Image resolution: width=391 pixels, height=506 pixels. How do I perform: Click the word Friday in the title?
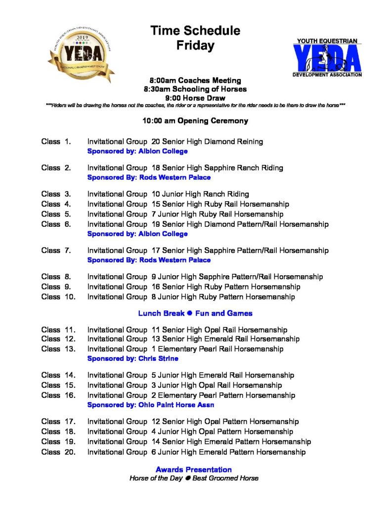[x=195, y=46]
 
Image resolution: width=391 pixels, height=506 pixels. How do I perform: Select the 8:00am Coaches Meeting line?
[x=195, y=80]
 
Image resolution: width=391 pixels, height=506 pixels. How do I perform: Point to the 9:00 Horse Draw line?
[x=195, y=98]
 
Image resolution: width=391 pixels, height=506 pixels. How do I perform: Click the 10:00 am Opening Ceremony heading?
[x=195, y=121]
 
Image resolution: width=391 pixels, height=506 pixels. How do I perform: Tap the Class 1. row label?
[x=56, y=142]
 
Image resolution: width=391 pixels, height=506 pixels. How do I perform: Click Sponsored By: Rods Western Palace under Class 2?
[x=149, y=177]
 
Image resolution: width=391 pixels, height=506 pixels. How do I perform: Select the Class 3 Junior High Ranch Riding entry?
[x=168, y=194]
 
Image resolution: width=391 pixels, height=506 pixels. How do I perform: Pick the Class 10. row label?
[x=58, y=297]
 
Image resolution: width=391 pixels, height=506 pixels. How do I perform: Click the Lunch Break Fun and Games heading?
[x=195, y=313]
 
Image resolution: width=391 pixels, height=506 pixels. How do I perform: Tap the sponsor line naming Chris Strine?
[x=132, y=358]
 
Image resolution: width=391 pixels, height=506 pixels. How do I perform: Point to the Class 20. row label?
[x=58, y=452]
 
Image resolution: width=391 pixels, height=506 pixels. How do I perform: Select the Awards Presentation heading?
[x=193, y=469]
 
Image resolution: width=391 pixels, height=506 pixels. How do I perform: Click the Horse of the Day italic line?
[x=193, y=478]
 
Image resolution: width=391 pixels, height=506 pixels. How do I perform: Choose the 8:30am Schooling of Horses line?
[x=195, y=89]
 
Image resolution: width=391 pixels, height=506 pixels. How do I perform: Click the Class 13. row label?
[x=58, y=349]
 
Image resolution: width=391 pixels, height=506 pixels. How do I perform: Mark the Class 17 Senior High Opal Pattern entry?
[x=193, y=422]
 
